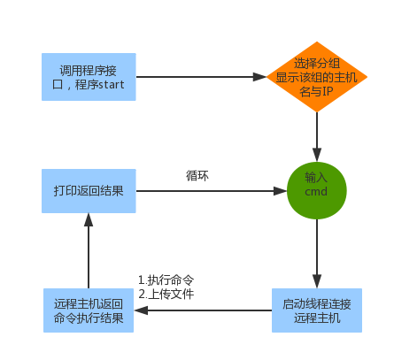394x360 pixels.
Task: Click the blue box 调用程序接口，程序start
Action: pyautogui.click(x=89, y=76)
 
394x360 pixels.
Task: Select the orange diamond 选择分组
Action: pyautogui.click(x=316, y=77)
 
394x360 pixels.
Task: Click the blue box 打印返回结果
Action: pyautogui.click(x=89, y=191)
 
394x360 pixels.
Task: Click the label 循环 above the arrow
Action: pyautogui.click(x=197, y=175)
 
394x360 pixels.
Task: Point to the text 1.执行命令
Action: pyautogui.click(x=166, y=280)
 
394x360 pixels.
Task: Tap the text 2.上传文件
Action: pyautogui.click(x=166, y=294)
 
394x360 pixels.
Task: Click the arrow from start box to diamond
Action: pyautogui.click(x=202, y=76)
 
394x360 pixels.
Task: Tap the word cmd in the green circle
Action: pyautogui.click(x=316, y=192)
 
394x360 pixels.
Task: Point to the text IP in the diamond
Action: pyautogui.click(x=328, y=91)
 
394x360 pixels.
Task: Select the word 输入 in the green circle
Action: pyautogui.click(x=316, y=177)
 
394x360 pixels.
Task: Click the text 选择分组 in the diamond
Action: pyautogui.click(x=316, y=64)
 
